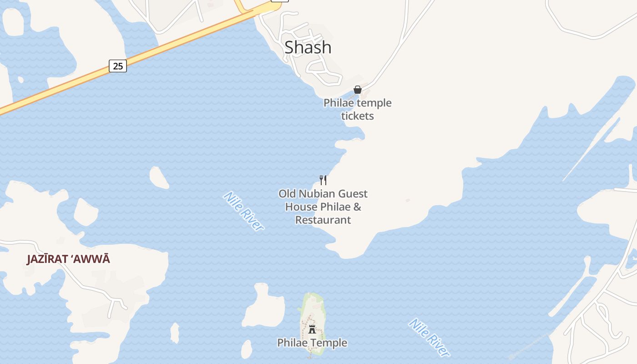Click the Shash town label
click(308, 47)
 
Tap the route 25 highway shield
click(118, 66)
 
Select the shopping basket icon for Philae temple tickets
click(358, 90)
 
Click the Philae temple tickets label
click(358, 109)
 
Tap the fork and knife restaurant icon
click(323, 180)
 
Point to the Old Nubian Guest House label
click(323, 207)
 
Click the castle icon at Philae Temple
click(312, 329)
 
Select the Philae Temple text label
click(312, 343)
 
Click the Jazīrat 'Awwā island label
click(68, 259)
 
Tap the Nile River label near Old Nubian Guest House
click(243, 211)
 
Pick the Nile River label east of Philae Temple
click(429, 337)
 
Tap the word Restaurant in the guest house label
click(323, 220)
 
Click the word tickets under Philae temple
click(358, 116)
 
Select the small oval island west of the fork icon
click(159, 177)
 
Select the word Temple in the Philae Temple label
click(329, 343)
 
